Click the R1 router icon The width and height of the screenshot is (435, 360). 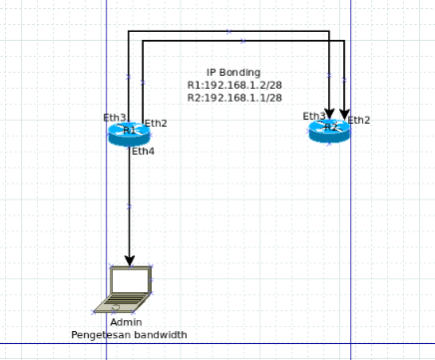click(x=129, y=133)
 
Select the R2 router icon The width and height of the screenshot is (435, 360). click(x=329, y=130)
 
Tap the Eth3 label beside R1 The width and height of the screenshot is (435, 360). click(x=115, y=118)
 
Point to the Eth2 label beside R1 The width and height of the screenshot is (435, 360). click(x=156, y=124)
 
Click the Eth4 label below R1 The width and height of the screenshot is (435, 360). click(x=143, y=151)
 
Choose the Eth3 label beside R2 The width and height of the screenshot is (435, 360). click(x=314, y=117)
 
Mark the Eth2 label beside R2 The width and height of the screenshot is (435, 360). click(x=359, y=121)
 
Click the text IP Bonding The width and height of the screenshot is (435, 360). click(x=233, y=73)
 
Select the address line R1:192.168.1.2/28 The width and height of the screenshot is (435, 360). click(x=233, y=86)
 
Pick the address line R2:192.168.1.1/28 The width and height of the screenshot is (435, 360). click(x=233, y=98)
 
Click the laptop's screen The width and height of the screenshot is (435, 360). click(x=131, y=280)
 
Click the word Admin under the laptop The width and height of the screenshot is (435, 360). click(x=126, y=322)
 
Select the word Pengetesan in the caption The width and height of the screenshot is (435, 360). click(x=98, y=335)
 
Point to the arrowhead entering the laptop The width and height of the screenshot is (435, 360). click(x=129, y=260)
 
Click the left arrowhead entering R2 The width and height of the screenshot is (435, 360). click(x=329, y=113)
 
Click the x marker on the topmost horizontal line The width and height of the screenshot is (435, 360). click(x=228, y=31)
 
